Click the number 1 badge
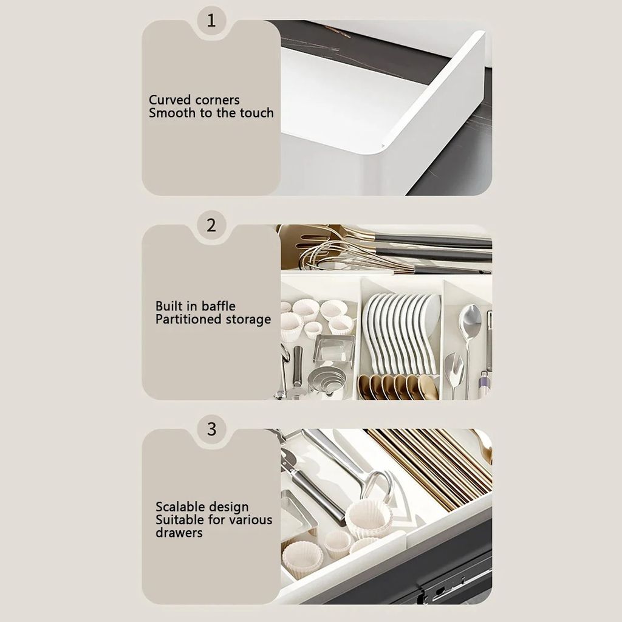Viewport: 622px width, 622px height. click(211, 21)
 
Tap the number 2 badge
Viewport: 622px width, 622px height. click(211, 225)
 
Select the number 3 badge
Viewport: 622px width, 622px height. click(211, 429)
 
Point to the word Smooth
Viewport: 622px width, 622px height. click(173, 113)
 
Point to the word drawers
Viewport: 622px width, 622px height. click(179, 533)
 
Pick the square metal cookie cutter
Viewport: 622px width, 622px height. click(334, 350)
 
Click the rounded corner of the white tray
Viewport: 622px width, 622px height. click(381, 147)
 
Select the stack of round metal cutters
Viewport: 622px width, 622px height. click(326, 381)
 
